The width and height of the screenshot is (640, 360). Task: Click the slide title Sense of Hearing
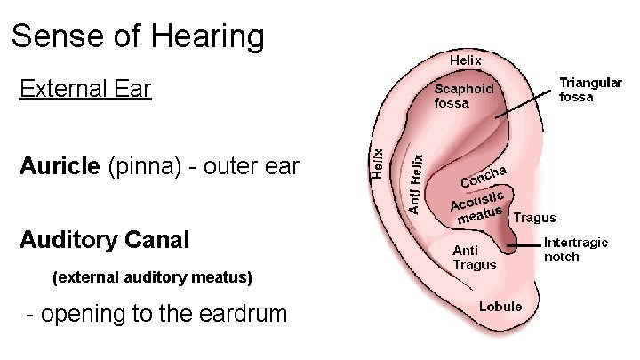138,36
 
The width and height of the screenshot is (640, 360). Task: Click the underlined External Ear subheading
85,89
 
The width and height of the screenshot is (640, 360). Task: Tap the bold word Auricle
60,166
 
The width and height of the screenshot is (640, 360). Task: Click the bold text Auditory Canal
104,240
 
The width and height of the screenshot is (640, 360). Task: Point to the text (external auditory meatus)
153,278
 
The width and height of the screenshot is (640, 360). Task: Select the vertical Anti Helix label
416,183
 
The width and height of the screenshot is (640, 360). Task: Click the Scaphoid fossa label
463,95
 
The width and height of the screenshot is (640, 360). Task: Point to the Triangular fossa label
590,90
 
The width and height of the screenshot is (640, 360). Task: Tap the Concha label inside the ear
484,175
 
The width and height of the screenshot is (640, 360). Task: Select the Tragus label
535,217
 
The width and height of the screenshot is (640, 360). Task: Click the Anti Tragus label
474,257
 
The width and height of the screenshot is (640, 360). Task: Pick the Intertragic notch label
575,249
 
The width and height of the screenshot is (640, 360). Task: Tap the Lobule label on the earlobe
500,307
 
